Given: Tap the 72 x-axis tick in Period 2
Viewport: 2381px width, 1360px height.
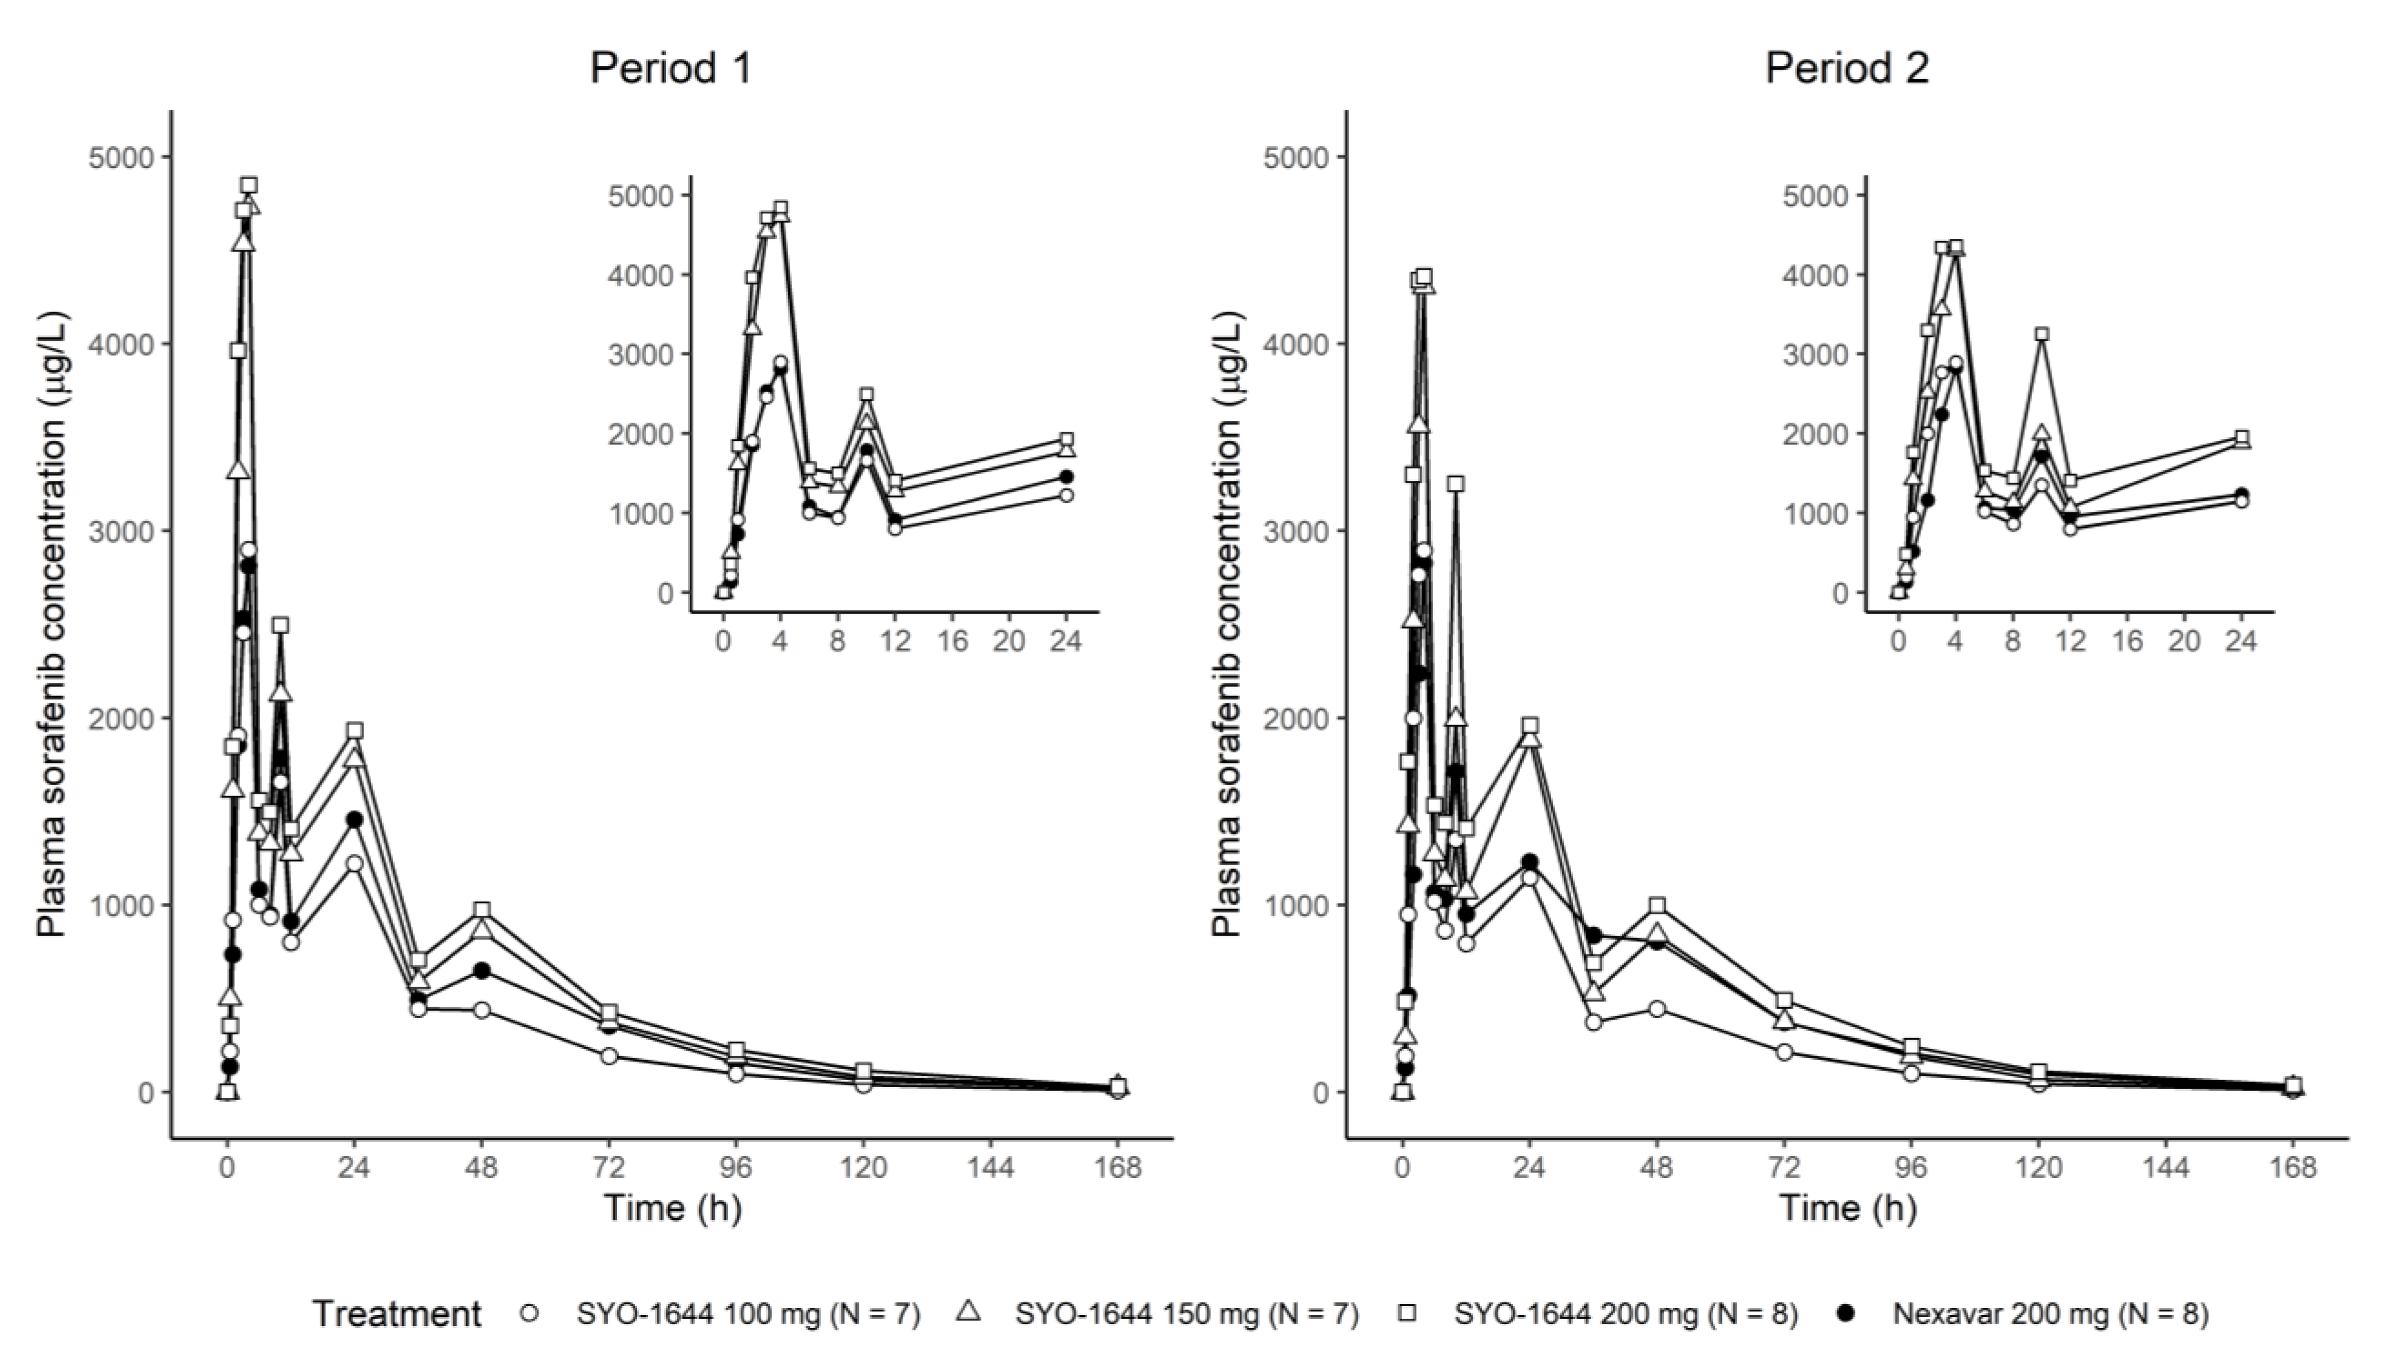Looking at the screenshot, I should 1784,1168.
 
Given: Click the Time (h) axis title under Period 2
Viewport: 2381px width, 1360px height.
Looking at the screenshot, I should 1847,1208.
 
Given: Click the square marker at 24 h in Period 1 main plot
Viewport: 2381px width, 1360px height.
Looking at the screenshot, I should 354,731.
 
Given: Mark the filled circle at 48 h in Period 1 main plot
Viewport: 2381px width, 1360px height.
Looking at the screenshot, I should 482,971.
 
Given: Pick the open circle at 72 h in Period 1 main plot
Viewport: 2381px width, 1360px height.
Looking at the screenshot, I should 609,1056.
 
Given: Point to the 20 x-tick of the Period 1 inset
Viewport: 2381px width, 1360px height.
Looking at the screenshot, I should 1009,641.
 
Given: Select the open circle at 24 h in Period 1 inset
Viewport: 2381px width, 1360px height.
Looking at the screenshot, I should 1066,495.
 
